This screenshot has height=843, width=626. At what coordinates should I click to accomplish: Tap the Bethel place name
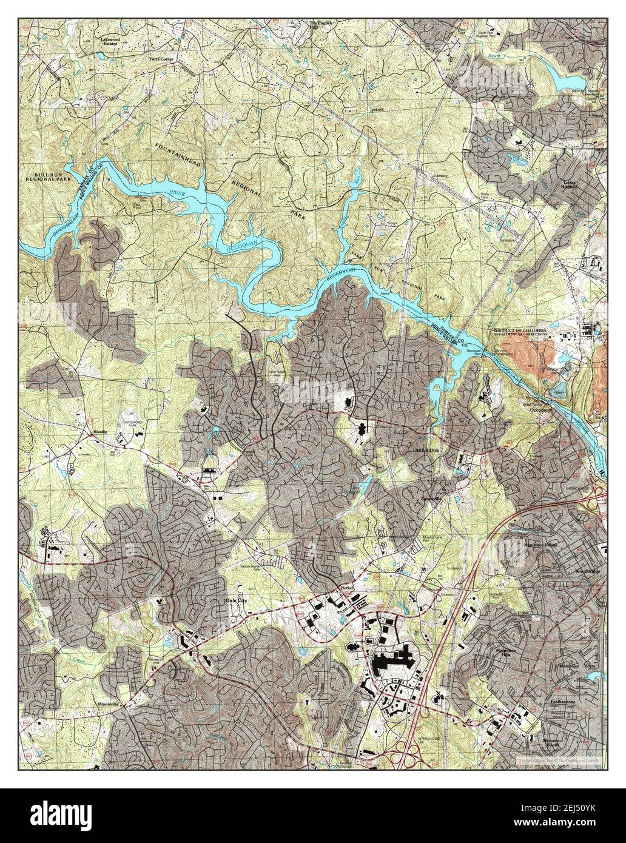tap(346, 588)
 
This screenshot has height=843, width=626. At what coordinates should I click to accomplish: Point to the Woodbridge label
tap(587, 571)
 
